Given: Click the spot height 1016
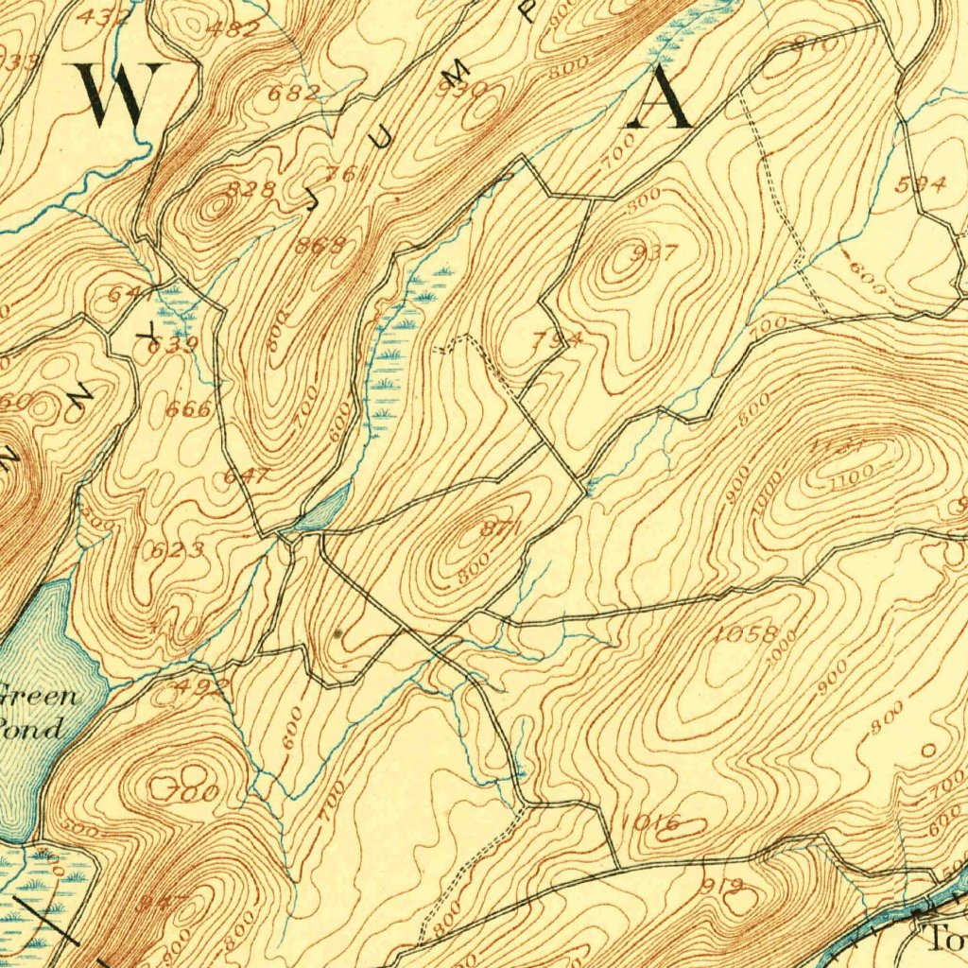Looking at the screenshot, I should point(652,823).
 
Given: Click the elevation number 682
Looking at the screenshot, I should point(294,93).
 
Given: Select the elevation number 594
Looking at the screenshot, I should point(922,185).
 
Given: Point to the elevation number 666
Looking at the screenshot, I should point(188,409).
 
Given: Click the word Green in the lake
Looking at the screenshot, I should point(38,698).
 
